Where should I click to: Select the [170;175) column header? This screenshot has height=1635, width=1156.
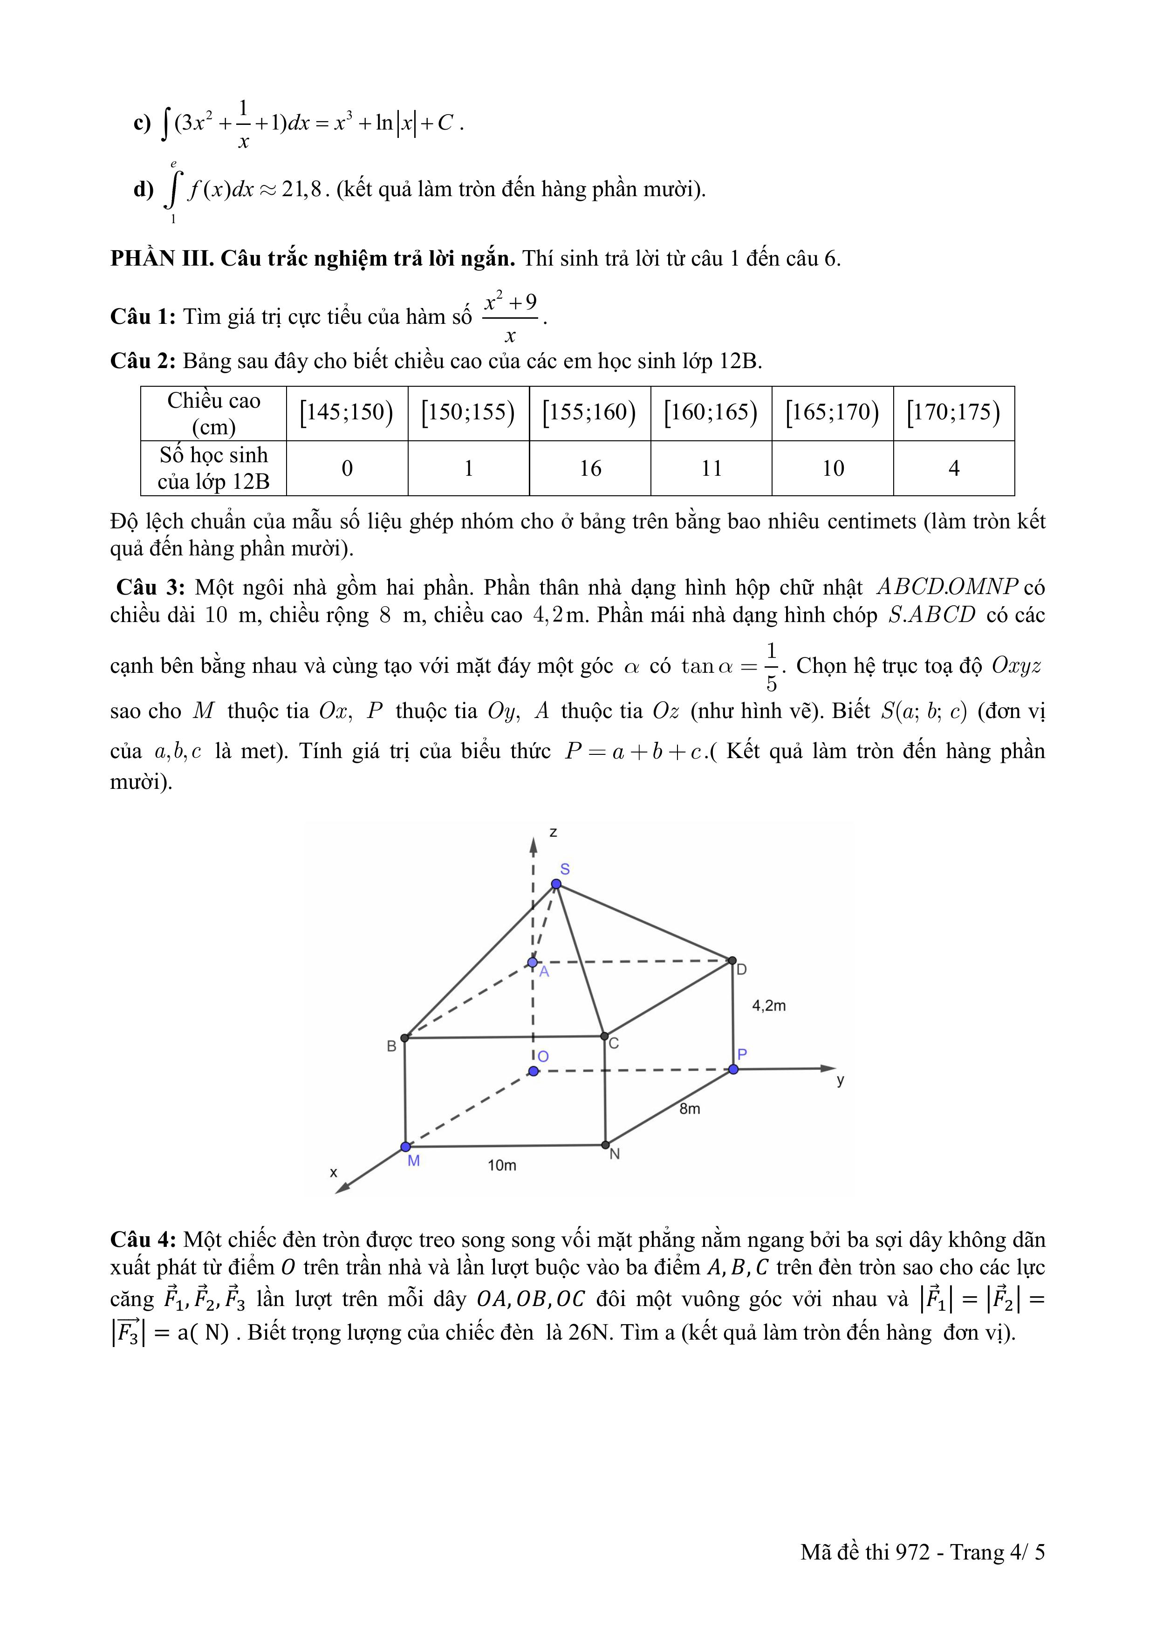pos(954,412)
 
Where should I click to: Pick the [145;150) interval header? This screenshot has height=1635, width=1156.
pos(347,412)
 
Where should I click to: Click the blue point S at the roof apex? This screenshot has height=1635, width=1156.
pos(556,884)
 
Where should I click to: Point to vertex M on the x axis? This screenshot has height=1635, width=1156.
pos(405,1147)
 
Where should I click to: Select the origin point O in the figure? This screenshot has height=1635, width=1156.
pos(534,1071)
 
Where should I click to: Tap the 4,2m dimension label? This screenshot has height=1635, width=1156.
pos(769,1006)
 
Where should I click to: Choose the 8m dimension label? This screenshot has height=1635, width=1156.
pos(690,1109)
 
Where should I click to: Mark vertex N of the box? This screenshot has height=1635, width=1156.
pos(605,1145)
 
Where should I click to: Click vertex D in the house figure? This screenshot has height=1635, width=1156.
pos(732,961)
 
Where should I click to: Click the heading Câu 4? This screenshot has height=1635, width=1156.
pos(143,1240)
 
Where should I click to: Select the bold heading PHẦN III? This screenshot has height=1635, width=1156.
pos(163,259)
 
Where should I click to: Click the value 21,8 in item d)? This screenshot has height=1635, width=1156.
pos(302,190)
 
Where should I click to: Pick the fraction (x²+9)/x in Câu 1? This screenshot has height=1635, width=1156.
pos(510,318)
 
